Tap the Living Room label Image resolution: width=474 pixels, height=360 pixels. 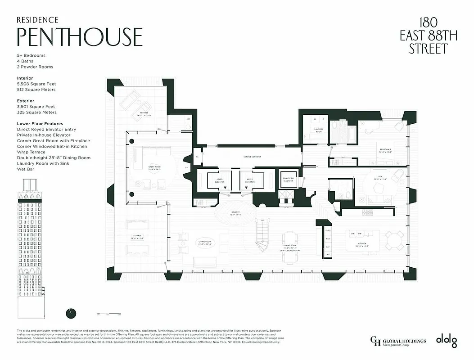coord(205,242)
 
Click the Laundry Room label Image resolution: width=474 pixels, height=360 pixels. coord(319,130)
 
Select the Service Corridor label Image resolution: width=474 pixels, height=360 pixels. coord(252,157)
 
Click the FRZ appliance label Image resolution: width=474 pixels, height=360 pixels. coord(328,238)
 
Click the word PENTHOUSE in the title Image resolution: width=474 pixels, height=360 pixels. coord(80,37)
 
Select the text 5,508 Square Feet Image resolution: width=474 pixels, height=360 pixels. coord(36,84)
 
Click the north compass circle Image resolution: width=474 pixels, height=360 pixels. coord(71,313)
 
